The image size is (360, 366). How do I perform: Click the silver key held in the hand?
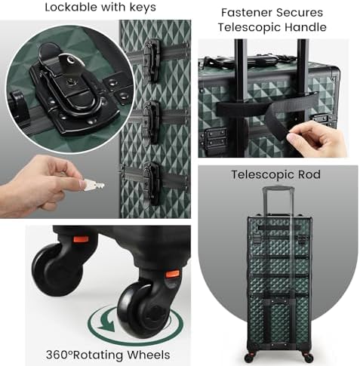click(92, 186)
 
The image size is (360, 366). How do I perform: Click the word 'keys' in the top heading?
click(143, 8)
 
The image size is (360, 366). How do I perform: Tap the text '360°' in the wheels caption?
click(60, 355)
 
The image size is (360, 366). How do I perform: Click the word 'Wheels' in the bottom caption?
click(148, 355)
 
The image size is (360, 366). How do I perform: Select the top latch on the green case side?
click(152, 60)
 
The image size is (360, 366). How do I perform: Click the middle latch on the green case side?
click(152, 121)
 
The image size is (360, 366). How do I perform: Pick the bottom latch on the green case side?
click(152, 183)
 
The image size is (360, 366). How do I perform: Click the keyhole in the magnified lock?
click(70, 82)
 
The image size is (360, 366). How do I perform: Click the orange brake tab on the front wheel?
click(173, 274)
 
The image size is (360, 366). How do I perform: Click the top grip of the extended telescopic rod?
click(278, 189)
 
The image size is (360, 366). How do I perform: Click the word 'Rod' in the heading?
click(309, 174)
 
